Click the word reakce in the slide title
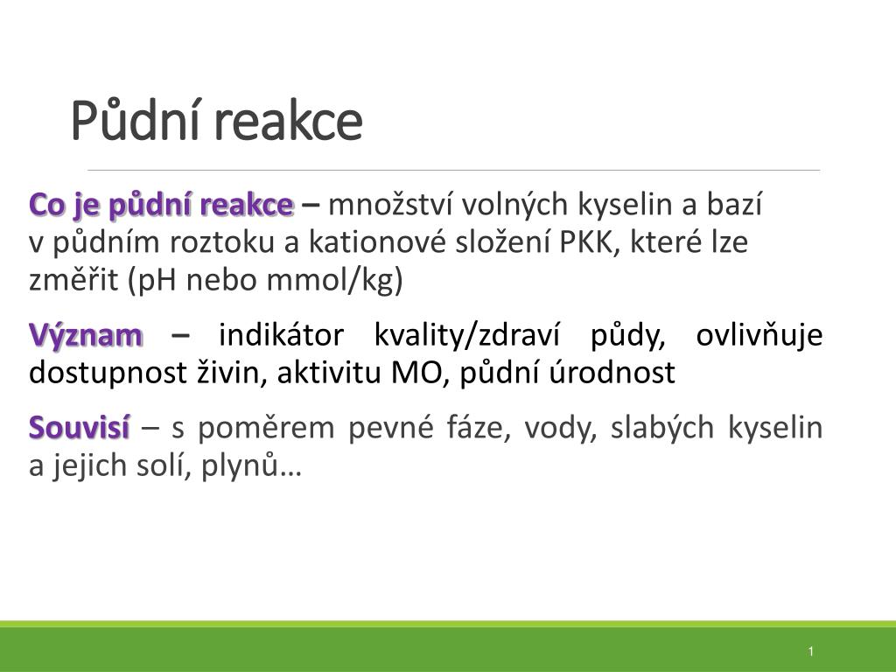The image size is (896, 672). (290, 122)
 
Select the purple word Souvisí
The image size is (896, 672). (80, 427)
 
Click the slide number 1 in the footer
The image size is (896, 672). (811, 651)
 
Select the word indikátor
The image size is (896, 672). (281, 335)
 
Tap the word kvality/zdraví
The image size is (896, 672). (467, 336)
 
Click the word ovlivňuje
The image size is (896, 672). (759, 336)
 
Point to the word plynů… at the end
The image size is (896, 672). (251, 465)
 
